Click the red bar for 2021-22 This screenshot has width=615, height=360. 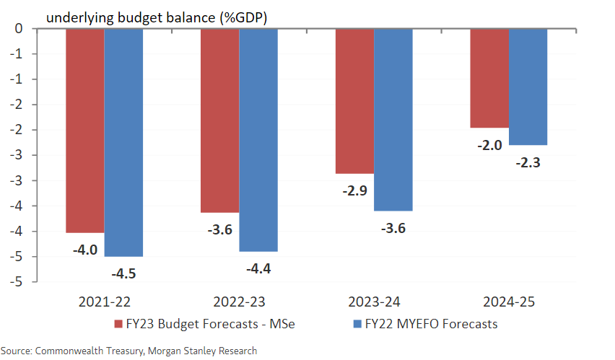point(84,131)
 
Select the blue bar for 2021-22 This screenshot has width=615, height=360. point(123,142)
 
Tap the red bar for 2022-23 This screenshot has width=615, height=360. point(219,120)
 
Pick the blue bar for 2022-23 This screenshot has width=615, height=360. point(258,140)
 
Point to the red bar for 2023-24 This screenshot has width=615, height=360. point(354,101)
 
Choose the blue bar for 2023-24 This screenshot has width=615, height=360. point(393,120)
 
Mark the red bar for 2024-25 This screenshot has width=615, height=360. point(489,78)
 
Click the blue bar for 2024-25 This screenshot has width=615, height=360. point(528,87)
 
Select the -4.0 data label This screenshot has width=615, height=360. point(86,250)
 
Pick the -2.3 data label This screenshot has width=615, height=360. point(528,162)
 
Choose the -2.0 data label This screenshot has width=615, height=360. point(490,145)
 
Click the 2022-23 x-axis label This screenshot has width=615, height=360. point(238,302)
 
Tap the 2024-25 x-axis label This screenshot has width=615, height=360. point(509,302)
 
